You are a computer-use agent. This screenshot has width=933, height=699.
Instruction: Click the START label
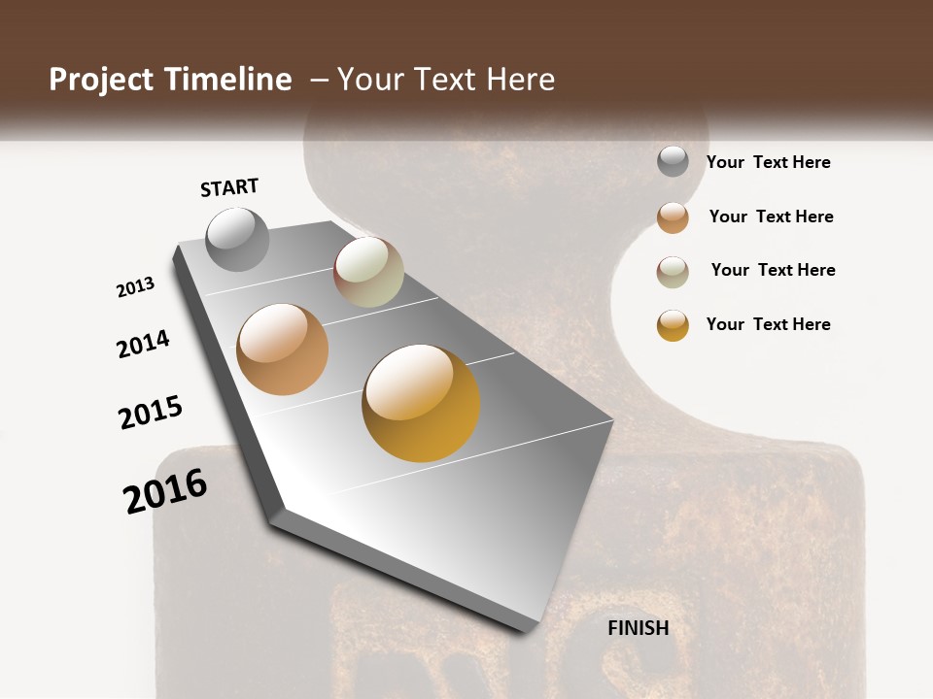pos(229,187)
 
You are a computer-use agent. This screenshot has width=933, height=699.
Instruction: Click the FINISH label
pos(638,628)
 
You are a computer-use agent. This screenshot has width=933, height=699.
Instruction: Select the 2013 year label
pos(136,287)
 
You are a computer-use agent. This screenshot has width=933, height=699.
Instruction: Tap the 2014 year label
pos(143,344)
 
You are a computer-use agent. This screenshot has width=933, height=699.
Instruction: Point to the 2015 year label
pos(151,413)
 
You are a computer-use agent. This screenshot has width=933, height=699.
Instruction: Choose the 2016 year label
pos(165,491)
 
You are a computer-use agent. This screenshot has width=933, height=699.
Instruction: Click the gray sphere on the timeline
pos(238,239)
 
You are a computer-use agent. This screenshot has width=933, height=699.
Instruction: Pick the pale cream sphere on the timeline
pos(368,272)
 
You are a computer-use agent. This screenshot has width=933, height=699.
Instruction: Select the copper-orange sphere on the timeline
pos(282,349)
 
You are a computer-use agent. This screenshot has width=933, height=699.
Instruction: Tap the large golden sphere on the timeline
pos(421,403)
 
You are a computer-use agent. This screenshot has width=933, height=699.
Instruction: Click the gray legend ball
pos(673,161)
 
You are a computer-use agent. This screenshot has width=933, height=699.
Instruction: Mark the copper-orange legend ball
pos(673,217)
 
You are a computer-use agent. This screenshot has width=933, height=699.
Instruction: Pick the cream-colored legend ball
pos(673,272)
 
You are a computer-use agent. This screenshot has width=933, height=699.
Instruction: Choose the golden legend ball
pos(673,325)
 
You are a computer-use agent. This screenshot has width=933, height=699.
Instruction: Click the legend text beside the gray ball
pos(768,162)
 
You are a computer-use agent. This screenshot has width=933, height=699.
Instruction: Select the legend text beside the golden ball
pos(768,324)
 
